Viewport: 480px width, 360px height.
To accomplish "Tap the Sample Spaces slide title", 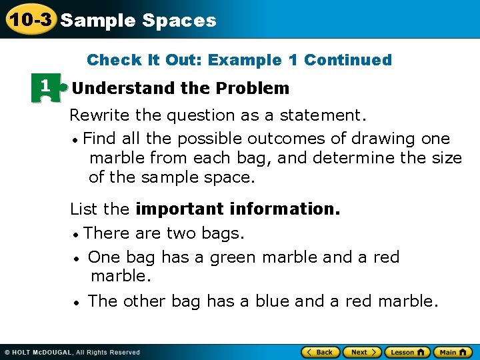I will pyautogui.click(x=138, y=21).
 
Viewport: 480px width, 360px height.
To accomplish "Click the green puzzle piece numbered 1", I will pyautogui.click(x=46, y=88).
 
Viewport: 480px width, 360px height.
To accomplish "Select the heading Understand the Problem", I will pyautogui.click(x=181, y=88).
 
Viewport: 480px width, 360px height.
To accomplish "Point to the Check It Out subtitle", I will pyautogui.click(x=239, y=60).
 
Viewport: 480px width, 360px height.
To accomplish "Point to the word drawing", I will pyautogui.click(x=385, y=139).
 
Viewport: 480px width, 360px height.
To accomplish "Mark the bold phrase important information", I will pyautogui.click(x=237, y=209).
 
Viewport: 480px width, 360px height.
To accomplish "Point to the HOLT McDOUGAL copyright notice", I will pyautogui.click(x=73, y=352).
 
